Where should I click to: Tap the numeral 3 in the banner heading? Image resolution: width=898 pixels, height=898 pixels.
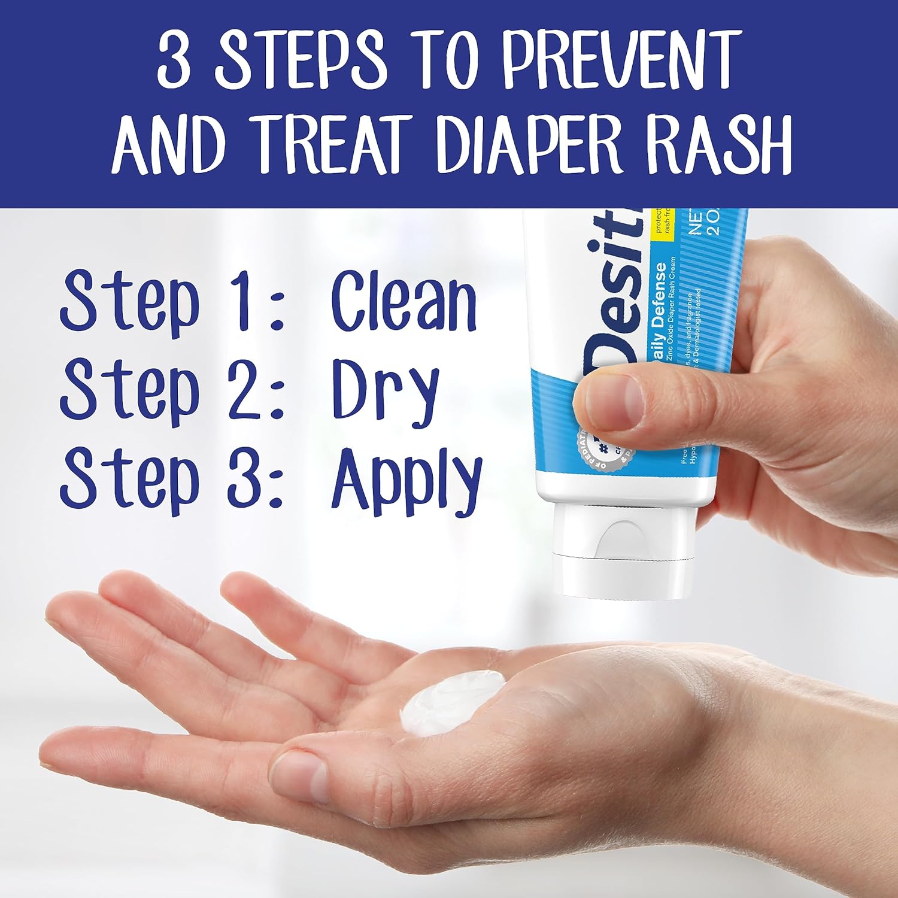tap(174, 60)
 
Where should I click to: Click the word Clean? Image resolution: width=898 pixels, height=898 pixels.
tap(404, 301)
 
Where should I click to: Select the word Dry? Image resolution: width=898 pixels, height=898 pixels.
tap(386, 391)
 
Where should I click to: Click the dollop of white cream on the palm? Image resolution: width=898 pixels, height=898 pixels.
tap(452, 700)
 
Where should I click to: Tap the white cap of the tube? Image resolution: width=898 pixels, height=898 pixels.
tap(617, 551)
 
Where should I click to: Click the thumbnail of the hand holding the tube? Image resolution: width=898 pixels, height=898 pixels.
tap(611, 398)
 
